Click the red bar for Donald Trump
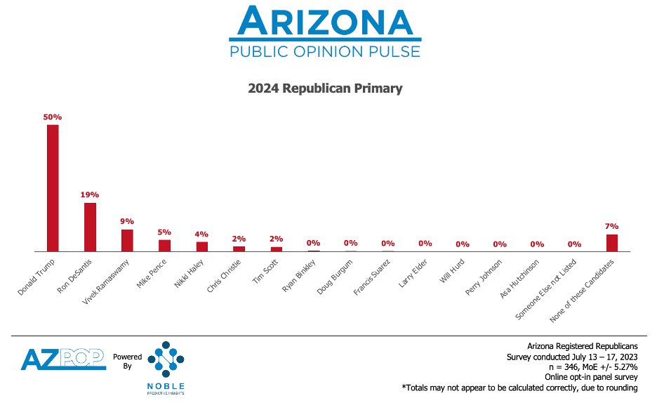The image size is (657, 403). pyautogui.click(x=53, y=187)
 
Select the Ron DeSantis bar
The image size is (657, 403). pyautogui.click(x=90, y=227)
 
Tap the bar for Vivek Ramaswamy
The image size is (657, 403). pyautogui.click(x=127, y=240)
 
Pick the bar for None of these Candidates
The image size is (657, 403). pyautogui.click(x=611, y=242)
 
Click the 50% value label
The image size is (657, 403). pyautogui.click(x=53, y=117)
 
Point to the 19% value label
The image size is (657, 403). pyautogui.click(x=90, y=194)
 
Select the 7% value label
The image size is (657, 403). pyautogui.click(x=611, y=226)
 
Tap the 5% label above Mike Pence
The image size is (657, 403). pyautogui.click(x=164, y=232)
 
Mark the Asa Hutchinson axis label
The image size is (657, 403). pyautogui.click(x=520, y=279)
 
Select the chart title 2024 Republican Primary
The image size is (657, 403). pyautogui.click(x=325, y=89)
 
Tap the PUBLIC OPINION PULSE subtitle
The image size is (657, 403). pyautogui.click(x=325, y=51)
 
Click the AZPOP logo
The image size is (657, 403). pyautogui.click(x=62, y=359)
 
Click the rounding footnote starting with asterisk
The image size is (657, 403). pyautogui.click(x=519, y=388)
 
